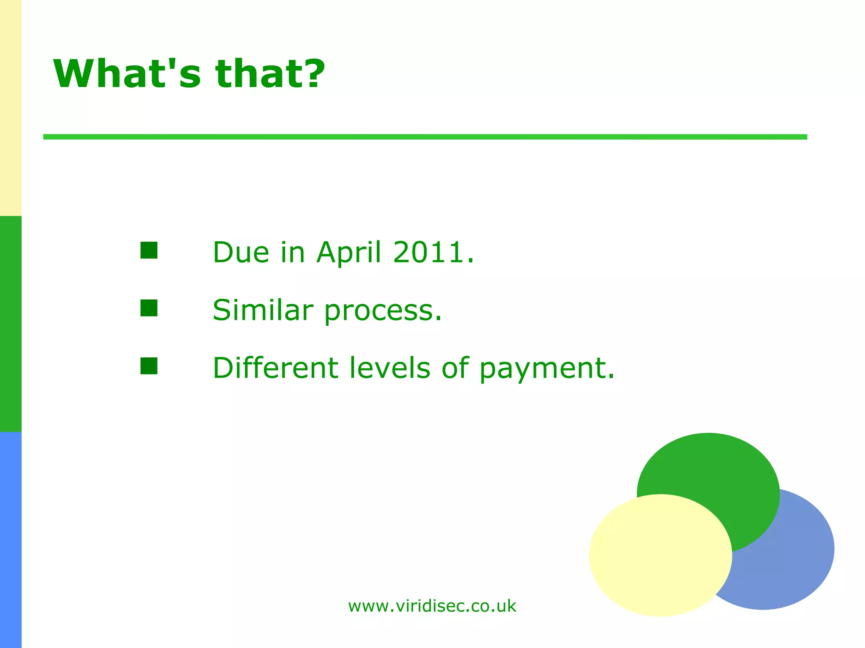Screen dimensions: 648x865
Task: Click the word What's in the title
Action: pos(127,74)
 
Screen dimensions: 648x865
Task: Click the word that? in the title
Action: pos(270,74)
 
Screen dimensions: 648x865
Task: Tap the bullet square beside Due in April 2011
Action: pos(149,250)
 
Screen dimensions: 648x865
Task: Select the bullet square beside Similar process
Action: pos(149,308)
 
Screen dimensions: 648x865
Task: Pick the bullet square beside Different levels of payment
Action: pos(149,366)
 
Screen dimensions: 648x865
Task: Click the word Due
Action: pos(241,252)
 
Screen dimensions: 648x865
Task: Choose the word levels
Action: pos(390,368)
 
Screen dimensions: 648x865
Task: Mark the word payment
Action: pos(547,369)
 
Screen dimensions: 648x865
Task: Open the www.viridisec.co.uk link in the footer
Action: pos(432,606)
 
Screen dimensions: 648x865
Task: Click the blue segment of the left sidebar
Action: pos(11,540)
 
